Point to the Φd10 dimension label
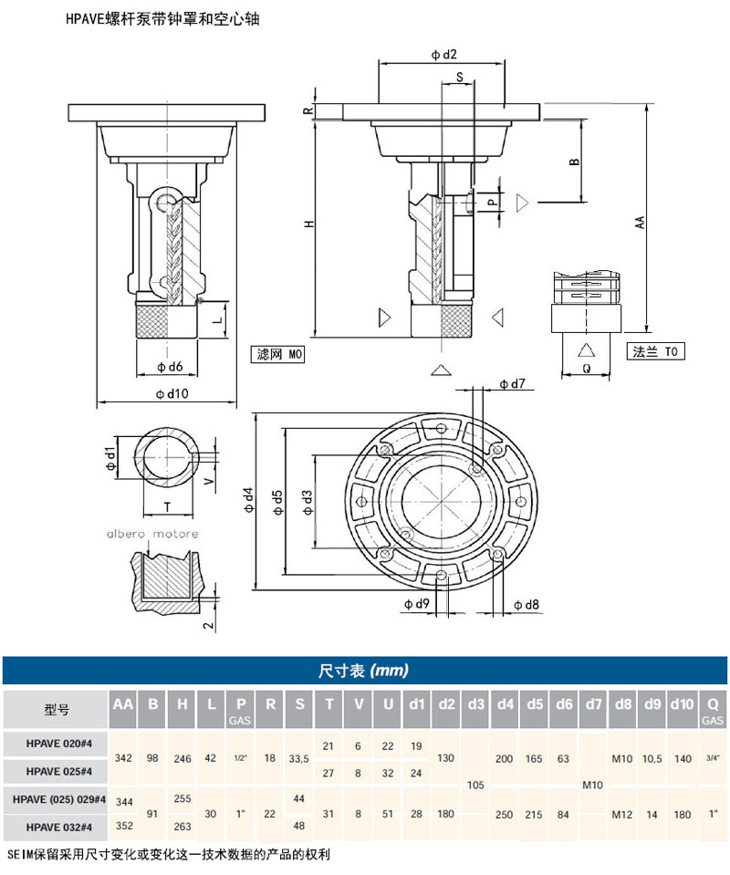click(172, 393)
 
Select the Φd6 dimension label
click(170, 367)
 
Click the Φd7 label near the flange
click(512, 383)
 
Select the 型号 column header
click(57, 709)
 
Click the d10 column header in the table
click(682, 704)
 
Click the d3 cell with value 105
click(475, 785)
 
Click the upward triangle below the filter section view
click(442, 369)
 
